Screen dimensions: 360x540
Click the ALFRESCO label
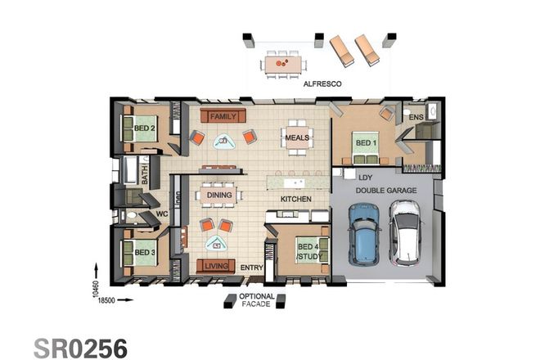click(x=322, y=84)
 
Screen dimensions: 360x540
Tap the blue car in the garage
click(x=364, y=234)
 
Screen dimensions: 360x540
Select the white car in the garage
click(x=404, y=234)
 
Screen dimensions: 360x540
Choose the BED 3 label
click(x=144, y=253)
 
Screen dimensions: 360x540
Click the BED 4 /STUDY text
click(x=309, y=252)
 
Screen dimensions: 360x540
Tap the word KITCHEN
click(x=296, y=200)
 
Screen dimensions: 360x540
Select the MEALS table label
click(x=296, y=138)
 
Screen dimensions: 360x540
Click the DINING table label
click(x=218, y=195)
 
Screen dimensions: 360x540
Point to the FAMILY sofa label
click(x=223, y=117)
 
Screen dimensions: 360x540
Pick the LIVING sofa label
click(x=217, y=266)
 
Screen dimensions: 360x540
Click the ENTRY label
click(x=251, y=268)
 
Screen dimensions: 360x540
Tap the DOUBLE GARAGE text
click(x=385, y=191)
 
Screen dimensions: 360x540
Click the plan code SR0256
click(x=80, y=346)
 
